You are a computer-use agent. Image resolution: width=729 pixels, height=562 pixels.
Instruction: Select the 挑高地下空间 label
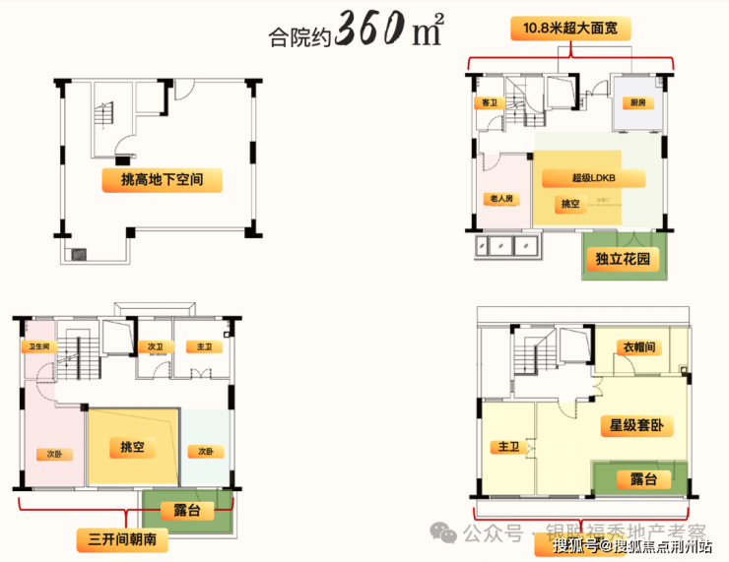pyautogui.click(x=162, y=180)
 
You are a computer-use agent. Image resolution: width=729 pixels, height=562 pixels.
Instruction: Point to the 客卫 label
pyautogui.click(x=487, y=102)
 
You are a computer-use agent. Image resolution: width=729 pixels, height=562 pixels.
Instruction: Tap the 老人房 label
pyautogui.click(x=501, y=198)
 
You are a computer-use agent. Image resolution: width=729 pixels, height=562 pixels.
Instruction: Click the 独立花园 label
pyautogui.click(x=623, y=260)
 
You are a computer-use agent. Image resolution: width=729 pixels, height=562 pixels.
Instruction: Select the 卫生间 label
pyautogui.click(x=39, y=346)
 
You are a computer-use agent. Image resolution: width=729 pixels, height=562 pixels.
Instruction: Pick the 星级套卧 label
pyautogui.click(x=637, y=426)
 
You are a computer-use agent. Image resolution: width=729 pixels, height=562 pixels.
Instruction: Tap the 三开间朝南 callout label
pyautogui.click(x=122, y=540)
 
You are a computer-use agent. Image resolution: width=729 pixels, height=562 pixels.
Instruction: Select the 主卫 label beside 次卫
pyautogui.click(x=204, y=347)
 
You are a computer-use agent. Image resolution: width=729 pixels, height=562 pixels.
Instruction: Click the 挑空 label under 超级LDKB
pyautogui.click(x=570, y=204)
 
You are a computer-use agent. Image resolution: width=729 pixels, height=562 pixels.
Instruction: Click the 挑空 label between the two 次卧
pyautogui.click(x=133, y=448)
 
